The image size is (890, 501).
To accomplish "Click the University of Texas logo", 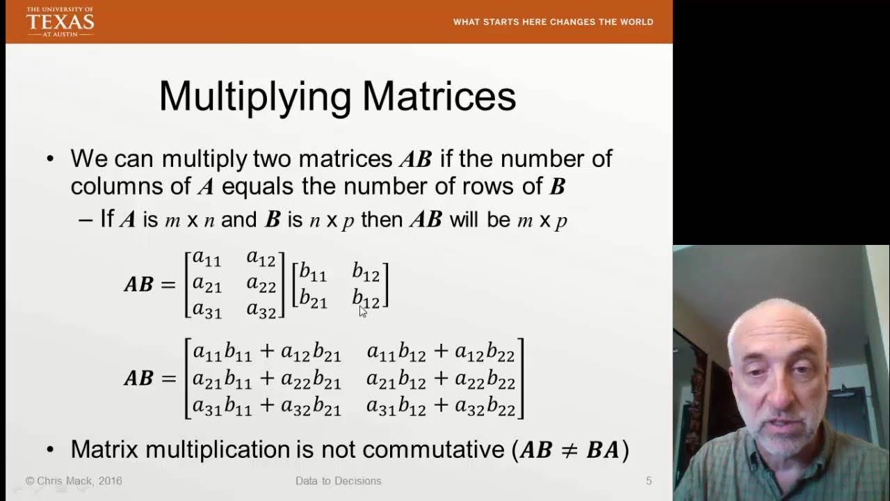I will pos(60,22).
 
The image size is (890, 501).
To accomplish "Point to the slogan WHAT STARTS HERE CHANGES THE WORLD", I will pos(553,22).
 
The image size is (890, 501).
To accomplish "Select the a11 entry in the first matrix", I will pos(207,259).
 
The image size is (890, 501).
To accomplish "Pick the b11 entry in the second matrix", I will pos(313,272).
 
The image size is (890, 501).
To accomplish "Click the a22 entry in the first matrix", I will pos(261,284).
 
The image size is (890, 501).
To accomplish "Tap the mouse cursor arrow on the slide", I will pos(363,310).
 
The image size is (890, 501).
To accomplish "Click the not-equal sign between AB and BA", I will pos(569,450).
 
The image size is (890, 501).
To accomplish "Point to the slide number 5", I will pos(649,481).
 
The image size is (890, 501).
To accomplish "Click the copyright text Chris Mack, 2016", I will pos(74,481).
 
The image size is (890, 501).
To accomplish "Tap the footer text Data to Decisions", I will pos(338,481).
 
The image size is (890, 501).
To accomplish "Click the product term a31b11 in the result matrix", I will pos(222,406).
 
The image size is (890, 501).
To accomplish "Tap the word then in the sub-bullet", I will pos(382,220).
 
